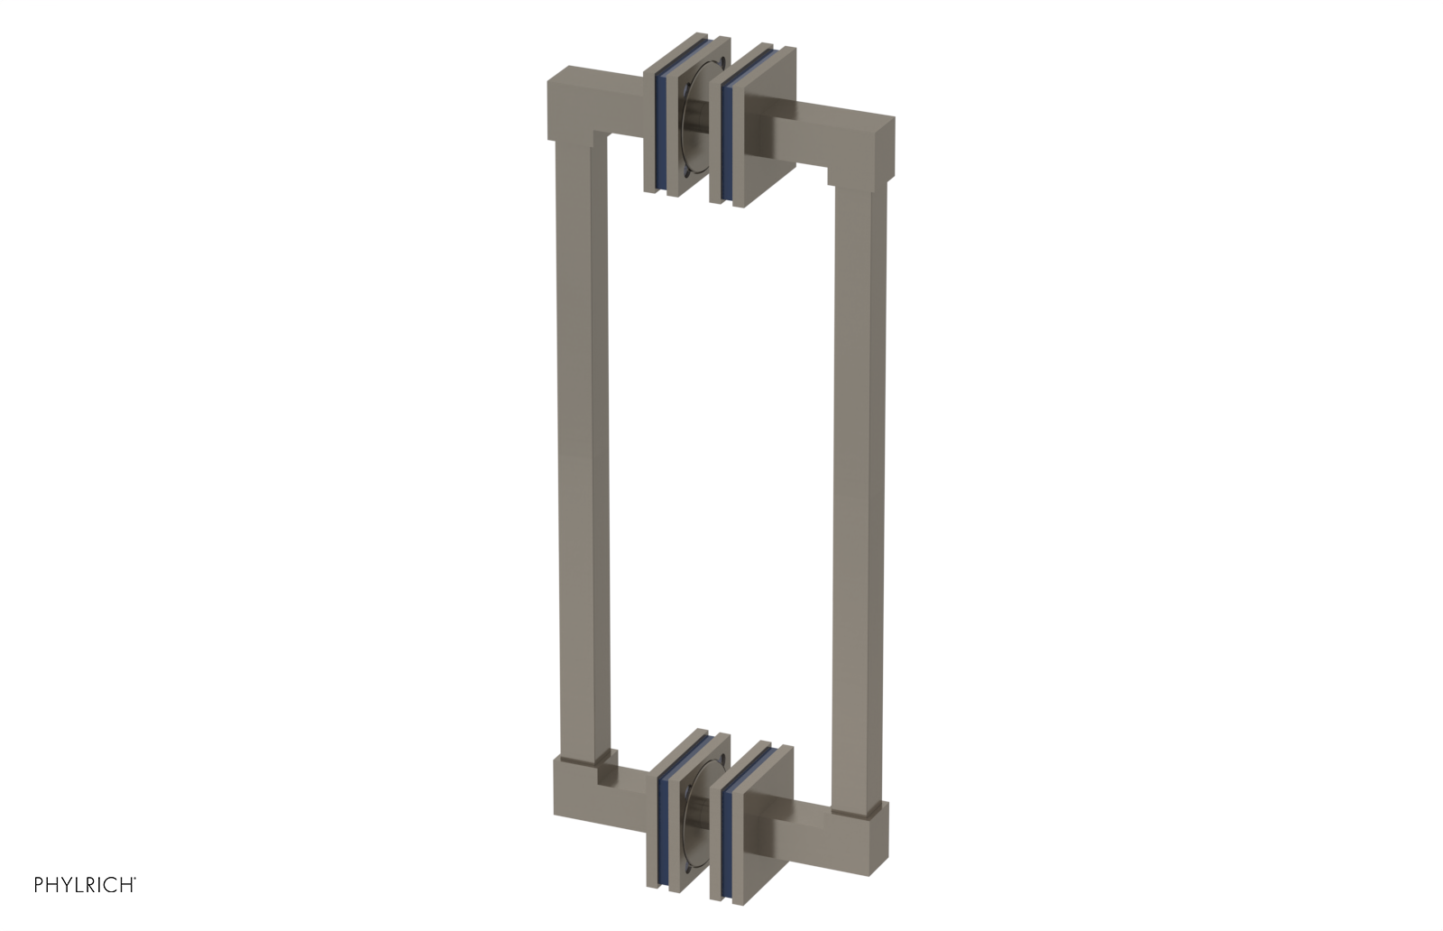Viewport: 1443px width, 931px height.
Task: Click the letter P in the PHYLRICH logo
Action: (39, 885)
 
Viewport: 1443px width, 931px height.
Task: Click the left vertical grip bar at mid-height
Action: (582, 451)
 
